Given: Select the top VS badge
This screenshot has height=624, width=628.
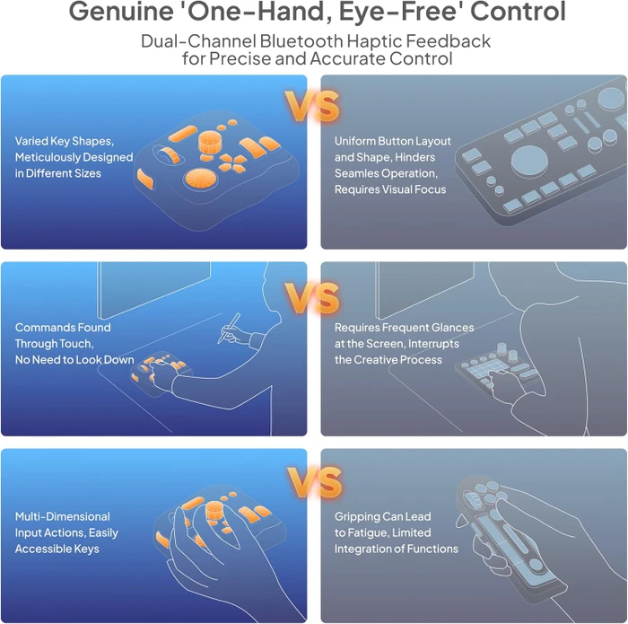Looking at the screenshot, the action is pyautogui.click(x=312, y=106).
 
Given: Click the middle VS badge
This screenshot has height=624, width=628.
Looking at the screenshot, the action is pyautogui.click(x=312, y=298).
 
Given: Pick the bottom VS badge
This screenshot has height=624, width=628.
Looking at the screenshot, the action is pyautogui.click(x=314, y=482).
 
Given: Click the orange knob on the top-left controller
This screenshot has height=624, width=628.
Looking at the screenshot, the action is pyautogui.click(x=208, y=144).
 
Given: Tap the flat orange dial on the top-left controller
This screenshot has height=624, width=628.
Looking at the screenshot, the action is pyautogui.click(x=201, y=179).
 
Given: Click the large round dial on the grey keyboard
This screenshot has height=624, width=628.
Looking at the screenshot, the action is pyautogui.click(x=529, y=161).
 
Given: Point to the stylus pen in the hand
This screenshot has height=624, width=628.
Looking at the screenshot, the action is pyautogui.click(x=229, y=329).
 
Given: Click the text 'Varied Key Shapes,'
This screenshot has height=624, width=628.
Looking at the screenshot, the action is pyautogui.click(x=65, y=141).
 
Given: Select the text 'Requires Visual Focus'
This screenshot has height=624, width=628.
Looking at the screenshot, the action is pyautogui.click(x=390, y=189).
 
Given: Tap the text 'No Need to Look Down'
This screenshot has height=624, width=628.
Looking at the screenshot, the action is pyautogui.click(x=74, y=359).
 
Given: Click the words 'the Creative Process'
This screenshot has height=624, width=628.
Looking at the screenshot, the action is pyautogui.click(x=388, y=359).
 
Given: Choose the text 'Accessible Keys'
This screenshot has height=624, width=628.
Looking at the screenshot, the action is pyautogui.click(x=57, y=549).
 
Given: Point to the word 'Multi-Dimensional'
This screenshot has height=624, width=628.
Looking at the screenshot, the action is pyautogui.click(x=63, y=516).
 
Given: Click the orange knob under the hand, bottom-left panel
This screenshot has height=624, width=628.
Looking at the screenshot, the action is pyautogui.click(x=214, y=512).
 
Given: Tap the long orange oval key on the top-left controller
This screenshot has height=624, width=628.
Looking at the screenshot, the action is pyautogui.click(x=183, y=134).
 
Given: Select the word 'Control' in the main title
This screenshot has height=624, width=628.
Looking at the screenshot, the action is pyautogui.click(x=518, y=11).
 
